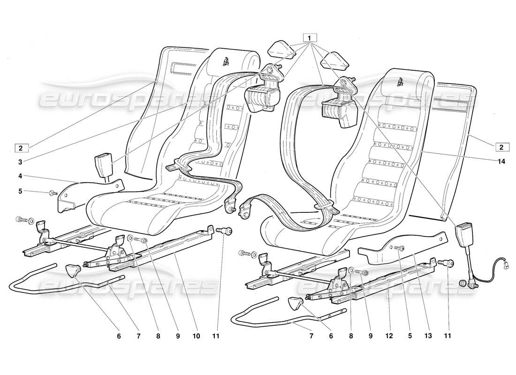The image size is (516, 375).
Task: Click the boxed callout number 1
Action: pyautogui.click(x=310, y=37)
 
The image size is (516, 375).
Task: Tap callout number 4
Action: pyautogui.click(x=21, y=177)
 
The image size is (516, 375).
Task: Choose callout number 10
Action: pyautogui.click(x=196, y=337)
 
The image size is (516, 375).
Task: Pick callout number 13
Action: pyautogui.click(x=428, y=337)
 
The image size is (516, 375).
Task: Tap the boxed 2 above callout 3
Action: pyautogui.click(x=21, y=148)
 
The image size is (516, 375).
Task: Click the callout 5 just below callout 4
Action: pyautogui.click(x=21, y=192)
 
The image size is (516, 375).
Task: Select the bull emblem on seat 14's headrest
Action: pyautogui.click(x=402, y=81)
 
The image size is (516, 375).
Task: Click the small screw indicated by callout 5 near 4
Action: pyautogui.click(x=52, y=193)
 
